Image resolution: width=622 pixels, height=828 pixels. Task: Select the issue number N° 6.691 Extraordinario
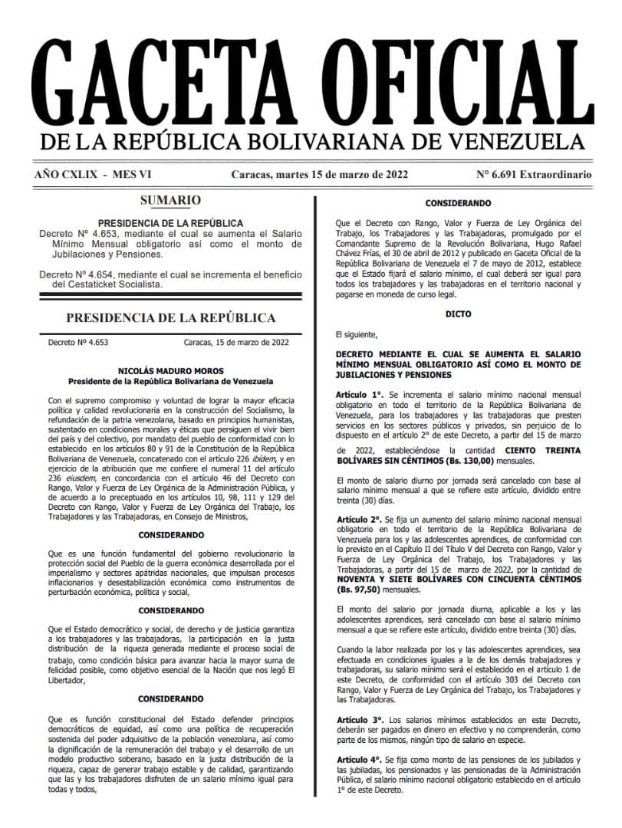click(534, 174)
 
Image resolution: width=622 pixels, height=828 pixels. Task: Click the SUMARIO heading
click(170, 201)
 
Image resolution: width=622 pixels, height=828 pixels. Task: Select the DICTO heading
click(458, 314)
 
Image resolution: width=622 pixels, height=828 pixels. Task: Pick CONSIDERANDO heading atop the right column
click(458, 203)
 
